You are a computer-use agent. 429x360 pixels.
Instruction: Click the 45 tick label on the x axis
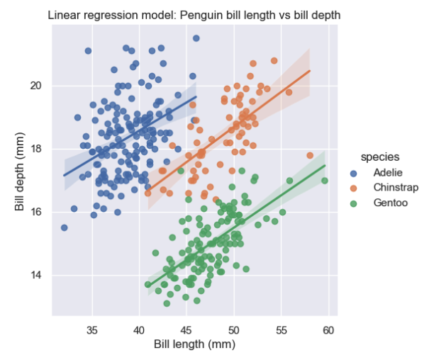[x=186, y=330]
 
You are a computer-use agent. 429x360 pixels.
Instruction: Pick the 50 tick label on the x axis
[x=234, y=330]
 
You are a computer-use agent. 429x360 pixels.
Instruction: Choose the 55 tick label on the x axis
[x=282, y=330]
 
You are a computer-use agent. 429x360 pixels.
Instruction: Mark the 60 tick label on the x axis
[x=328, y=330]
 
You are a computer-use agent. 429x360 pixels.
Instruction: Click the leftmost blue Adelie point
[x=65, y=227]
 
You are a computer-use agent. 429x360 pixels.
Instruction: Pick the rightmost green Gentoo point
[x=325, y=181]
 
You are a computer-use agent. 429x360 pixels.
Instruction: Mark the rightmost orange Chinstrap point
[x=310, y=155]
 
